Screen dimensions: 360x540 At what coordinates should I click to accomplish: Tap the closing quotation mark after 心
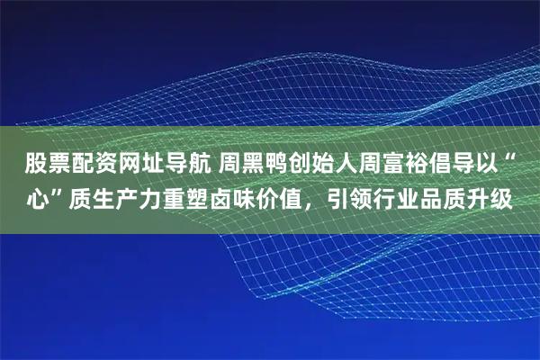(x=56, y=192)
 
